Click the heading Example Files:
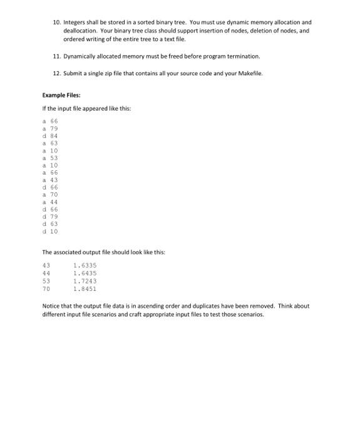point(59,95)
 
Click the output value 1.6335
point(85,265)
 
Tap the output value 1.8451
point(85,288)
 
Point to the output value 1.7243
point(85,281)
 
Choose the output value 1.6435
point(85,273)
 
